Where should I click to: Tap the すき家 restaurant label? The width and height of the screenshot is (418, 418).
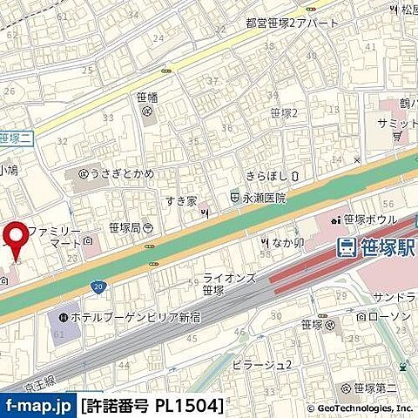point(181,200)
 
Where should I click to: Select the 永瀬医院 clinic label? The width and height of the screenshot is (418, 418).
point(264,198)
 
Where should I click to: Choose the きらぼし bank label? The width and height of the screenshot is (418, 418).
point(266,175)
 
